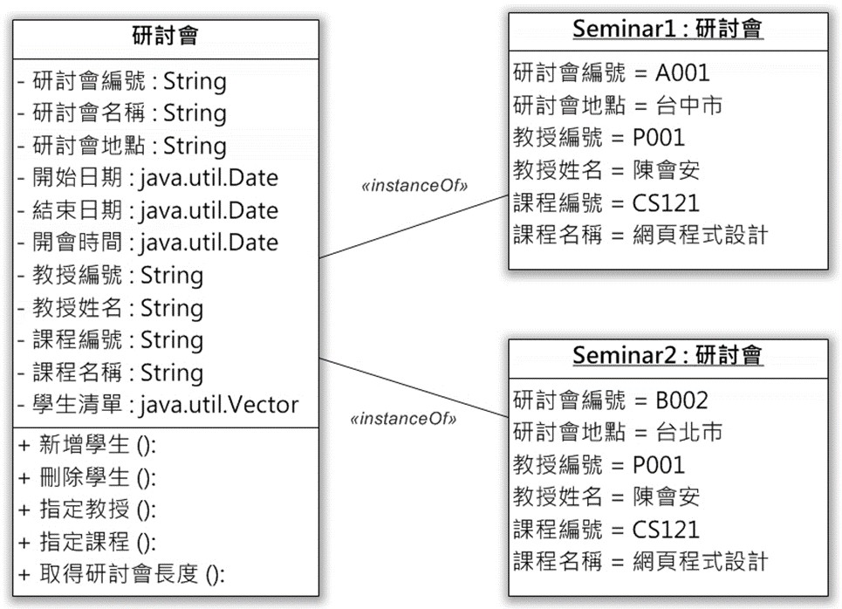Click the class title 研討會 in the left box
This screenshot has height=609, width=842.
pos(166,36)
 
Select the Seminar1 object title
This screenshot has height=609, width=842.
pos(667,29)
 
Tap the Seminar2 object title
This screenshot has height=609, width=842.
pos(667,355)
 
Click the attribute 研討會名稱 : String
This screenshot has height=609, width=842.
pos(122,113)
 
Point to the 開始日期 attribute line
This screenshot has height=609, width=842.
pos(148,178)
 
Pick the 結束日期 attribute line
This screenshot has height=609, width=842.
pos(148,210)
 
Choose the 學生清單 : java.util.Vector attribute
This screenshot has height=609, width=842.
pos(158,405)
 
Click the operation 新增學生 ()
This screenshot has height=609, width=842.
pos(87,445)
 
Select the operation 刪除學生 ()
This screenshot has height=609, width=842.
pos(87,477)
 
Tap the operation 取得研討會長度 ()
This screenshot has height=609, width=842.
pos(122,575)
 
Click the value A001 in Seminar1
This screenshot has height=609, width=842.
pos(682,73)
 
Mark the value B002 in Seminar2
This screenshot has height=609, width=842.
pos(682,400)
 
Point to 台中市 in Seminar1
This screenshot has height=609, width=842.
pos(689,106)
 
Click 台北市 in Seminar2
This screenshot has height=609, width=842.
pos(689,432)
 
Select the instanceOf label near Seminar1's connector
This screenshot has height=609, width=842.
pos(414,186)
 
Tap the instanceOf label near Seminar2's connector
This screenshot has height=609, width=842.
pos(403,418)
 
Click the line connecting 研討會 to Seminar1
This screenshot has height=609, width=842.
pos(414,227)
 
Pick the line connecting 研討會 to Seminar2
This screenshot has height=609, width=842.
pos(414,387)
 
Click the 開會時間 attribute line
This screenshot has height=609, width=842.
pos(148,243)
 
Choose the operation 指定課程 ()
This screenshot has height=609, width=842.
pos(87,542)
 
